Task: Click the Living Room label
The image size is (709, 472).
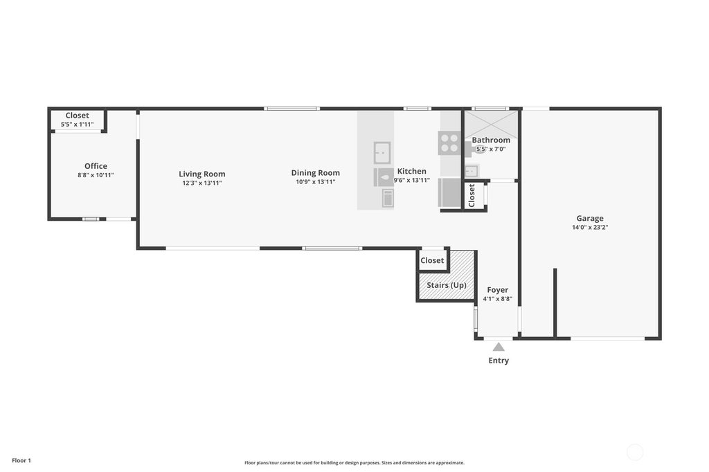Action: click(201, 174)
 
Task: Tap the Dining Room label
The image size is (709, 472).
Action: click(315, 173)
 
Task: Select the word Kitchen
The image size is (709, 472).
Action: click(411, 171)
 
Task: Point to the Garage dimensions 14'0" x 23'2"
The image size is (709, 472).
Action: click(590, 228)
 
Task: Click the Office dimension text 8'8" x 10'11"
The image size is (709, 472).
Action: click(96, 175)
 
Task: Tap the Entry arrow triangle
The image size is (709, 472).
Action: click(499, 347)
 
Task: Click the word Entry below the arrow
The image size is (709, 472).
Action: click(499, 361)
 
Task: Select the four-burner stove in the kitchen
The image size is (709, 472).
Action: click(449, 143)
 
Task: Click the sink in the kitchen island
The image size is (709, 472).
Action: click(382, 153)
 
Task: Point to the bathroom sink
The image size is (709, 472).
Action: click(471, 171)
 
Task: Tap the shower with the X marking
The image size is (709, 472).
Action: click(491, 124)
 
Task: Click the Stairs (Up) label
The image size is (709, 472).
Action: click(447, 285)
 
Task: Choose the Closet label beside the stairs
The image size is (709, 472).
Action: click(432, 260)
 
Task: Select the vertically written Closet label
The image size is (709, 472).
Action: click(472, 195)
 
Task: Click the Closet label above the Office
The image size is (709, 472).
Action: click(77, 116)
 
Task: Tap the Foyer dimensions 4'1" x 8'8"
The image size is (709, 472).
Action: click(497, 299)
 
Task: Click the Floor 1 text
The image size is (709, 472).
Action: click(21, 460)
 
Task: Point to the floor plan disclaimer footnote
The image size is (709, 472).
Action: click(354, 462)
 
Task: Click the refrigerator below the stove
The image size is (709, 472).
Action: click(449, 192)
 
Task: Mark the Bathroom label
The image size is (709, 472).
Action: click(491, 140)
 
